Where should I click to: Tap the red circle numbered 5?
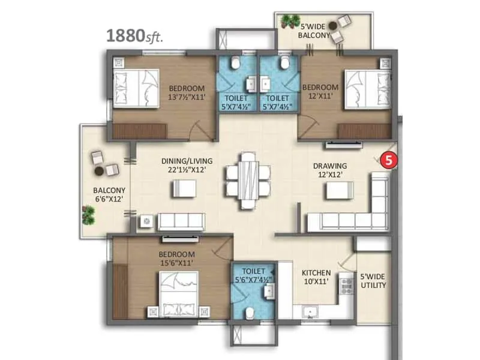pyautogui.click(x=390, y=160)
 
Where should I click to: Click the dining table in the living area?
pyautogui.click(x=247, y=180)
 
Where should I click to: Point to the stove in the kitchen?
pyautogui.click(x=346, y=287)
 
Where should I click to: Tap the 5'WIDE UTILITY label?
pyautogui.click(x=373, y=281)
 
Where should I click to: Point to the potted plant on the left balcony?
pyautogui.click(x=89, y=213)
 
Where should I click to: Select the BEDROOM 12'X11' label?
pyautogui.click(x=320, y=91)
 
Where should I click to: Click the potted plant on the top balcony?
pyautogui.click(x=292, y=22)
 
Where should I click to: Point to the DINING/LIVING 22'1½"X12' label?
pyautogui.click(x=184, y=166)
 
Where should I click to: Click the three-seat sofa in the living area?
pyautogui.click(x=181, y=221)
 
